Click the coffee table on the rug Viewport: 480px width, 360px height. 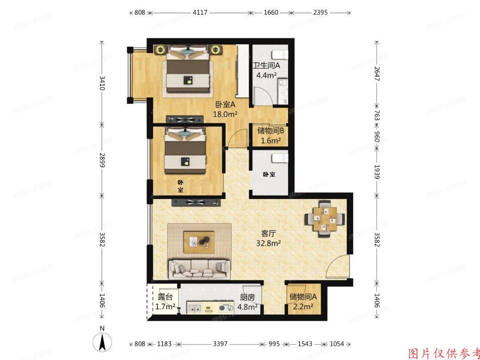[x=199, y=241]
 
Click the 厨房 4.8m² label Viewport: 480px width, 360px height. [x=247, y=302]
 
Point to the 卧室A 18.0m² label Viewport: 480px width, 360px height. [x=225, y=109]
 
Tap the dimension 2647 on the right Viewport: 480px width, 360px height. [x=377, y=72]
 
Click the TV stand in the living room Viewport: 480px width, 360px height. [x=196, y=203]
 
